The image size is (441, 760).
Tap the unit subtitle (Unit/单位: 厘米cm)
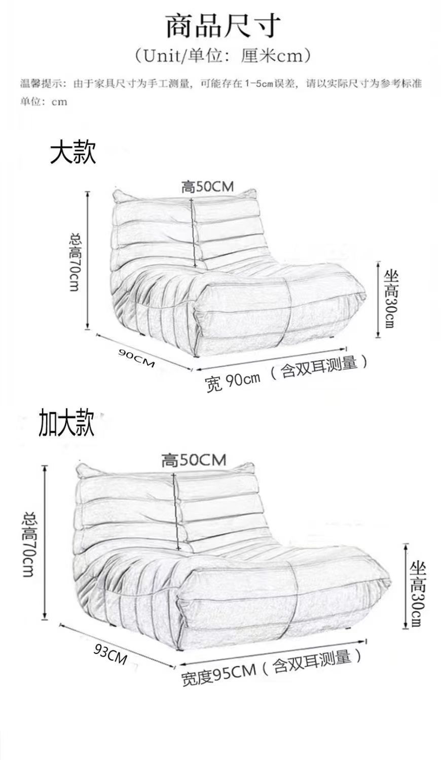pos(222,55)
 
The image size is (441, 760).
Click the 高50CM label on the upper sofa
pos(208,186)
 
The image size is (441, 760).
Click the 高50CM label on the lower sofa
pos(194,460)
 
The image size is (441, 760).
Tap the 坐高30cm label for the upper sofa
pos(391,298)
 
